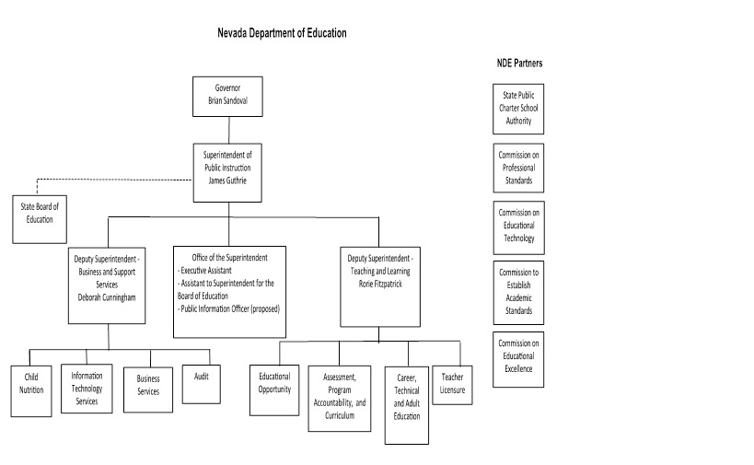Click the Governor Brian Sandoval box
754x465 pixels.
(x=226, y=96)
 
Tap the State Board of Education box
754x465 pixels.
(x=38, y=218)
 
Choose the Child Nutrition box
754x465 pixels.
(x=31, y=390)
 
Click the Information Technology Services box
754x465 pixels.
(x=87, y=389)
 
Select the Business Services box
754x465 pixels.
(x=148, y=385)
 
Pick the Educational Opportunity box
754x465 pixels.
(x=274, y=383)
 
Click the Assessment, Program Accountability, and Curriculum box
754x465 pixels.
(x=338, y=397)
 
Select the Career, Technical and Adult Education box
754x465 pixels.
(x=406, y=403)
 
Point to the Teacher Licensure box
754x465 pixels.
(x=452, y=383)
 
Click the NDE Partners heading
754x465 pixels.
(x=518, y=64)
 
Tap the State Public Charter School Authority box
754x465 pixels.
(x=517, y=108)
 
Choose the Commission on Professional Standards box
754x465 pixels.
(x=518, y=168)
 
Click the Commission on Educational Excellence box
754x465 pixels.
(x=518, y=358)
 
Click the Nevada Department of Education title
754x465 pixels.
(x=282, y=33)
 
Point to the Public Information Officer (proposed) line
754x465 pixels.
(x=229, y=308)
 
